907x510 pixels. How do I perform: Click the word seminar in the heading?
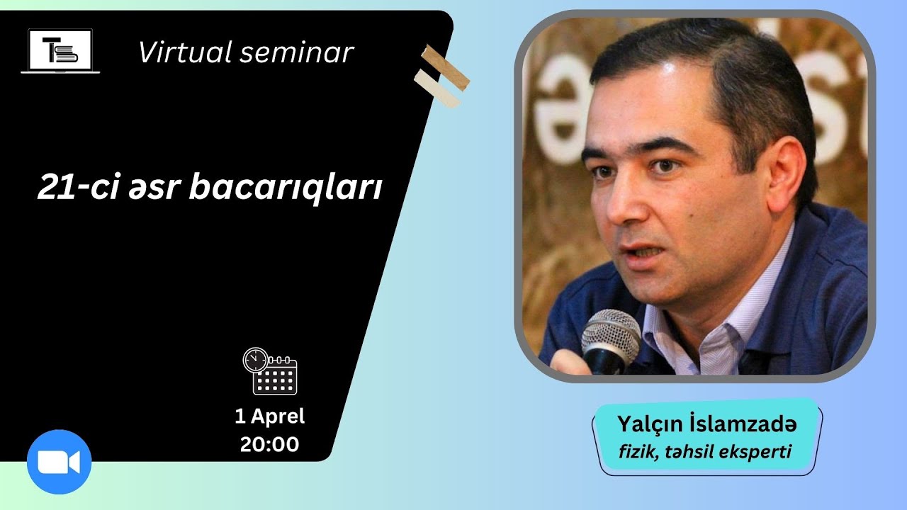pos(297,53)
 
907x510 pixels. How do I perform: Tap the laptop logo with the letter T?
pos(60,51)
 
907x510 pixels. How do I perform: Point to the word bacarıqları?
pos(286,188)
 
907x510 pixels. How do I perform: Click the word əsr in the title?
pos(154,188)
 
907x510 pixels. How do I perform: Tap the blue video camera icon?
pos(59,462)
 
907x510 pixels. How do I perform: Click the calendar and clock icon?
pos(270,371)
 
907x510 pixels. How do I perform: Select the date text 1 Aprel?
pos(270,416)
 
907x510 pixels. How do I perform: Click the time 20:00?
pos(270,444)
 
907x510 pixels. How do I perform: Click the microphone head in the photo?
pos(610,330)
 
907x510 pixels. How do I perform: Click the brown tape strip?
pos(446,67)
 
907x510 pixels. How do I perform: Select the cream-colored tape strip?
pos(437,89)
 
